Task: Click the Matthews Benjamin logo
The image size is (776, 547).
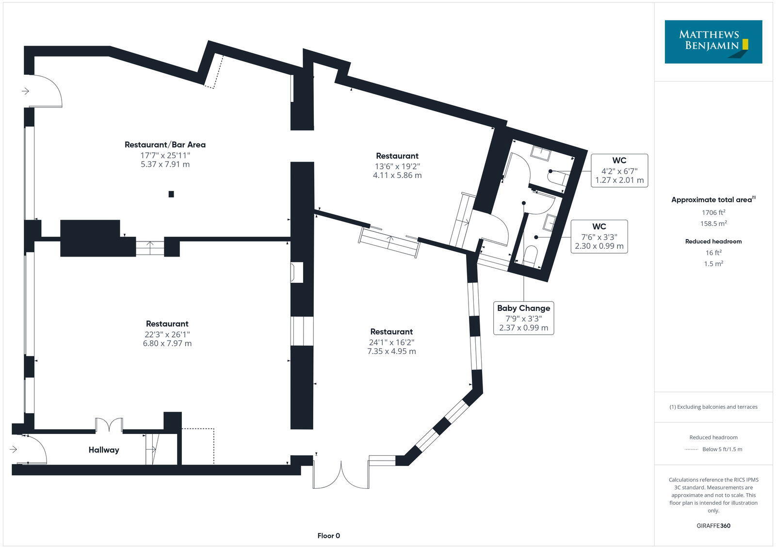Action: pos(713,42)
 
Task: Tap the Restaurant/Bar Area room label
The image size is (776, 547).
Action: pos(165,145)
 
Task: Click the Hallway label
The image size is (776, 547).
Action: pos(103,450)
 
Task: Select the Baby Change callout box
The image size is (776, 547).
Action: pos(523,318)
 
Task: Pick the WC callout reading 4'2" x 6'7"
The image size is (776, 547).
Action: pos(619,170)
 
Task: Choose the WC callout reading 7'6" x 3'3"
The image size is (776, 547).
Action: pos(599,237)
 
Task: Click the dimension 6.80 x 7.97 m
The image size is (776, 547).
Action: pos(167,343)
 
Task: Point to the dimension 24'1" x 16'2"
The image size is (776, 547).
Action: pos(391,342)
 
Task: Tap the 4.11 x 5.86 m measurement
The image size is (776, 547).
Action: pos(397,175)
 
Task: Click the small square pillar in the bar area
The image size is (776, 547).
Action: pos(171,194)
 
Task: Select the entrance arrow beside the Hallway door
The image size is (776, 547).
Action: pos(14,450)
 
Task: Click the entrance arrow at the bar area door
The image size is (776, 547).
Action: pos(25,91)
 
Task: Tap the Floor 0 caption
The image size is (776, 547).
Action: pos(328,536)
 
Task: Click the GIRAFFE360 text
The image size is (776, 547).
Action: pos(713,526)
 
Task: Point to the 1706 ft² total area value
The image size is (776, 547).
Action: pos(713,212)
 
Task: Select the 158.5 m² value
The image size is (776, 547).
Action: pos(713,224)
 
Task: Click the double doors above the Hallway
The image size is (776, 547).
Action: pos(109,425)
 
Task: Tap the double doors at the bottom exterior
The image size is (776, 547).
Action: pos(341,475)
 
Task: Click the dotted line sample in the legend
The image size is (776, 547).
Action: pos(691,450)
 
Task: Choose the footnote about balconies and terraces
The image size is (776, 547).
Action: pos(713,407)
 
